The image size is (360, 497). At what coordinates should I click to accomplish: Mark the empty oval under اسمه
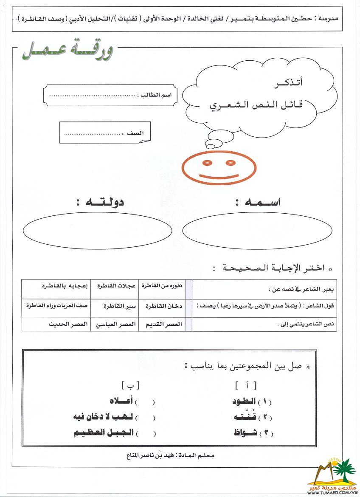257,231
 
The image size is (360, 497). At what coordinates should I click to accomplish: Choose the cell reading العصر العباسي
116,324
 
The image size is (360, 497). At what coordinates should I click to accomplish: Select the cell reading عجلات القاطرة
116,286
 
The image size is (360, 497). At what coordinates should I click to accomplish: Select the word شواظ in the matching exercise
246,433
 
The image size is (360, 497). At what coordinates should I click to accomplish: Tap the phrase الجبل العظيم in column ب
104,433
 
